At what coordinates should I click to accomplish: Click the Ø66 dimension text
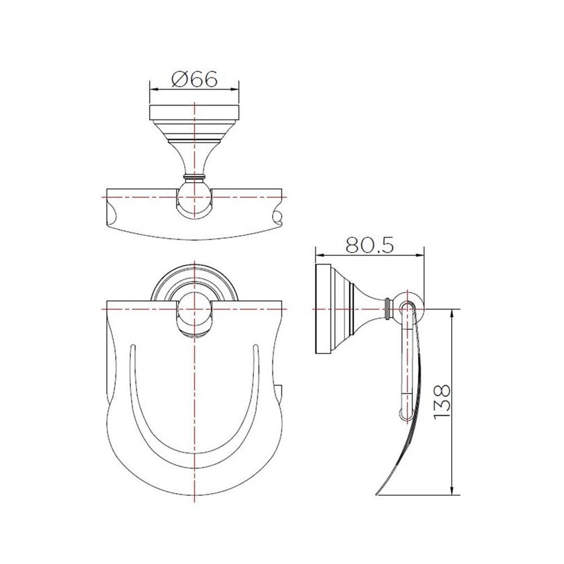click(x=194, y=80)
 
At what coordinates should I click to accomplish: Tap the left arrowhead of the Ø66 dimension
click(x=152, y=89)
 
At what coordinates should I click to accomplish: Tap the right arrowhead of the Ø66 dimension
click(x=236, y=89)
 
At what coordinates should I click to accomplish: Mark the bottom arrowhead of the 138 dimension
click(x=452, y=490)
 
